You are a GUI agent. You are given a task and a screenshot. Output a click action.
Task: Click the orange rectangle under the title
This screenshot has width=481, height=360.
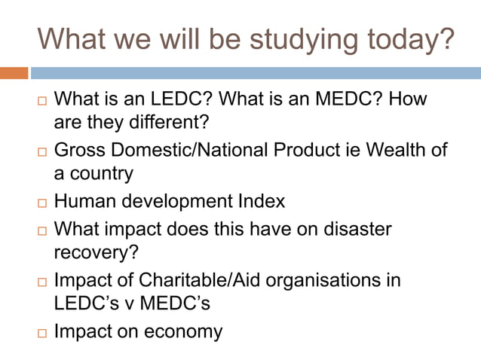tap(14, 73)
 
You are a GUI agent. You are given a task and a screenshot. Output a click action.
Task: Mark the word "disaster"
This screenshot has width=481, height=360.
tap(358, 228)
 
